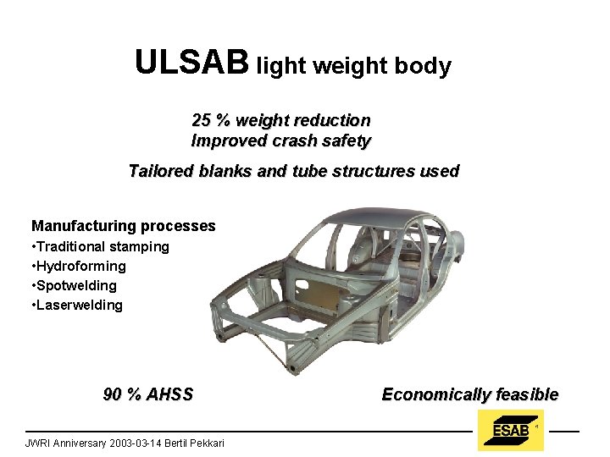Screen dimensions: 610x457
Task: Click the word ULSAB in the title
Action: [x=191, y=62]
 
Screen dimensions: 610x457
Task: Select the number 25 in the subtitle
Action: [x=202, y=120]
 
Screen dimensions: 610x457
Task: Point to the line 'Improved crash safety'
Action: [x=281, y=140]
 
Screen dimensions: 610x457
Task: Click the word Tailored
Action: [x=160, y=171]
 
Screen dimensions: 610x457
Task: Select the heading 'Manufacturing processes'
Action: [x=124, y=226]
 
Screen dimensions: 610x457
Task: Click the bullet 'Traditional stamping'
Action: [x=103, y=246]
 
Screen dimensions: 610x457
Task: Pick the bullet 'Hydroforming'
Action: [x=81, y=266]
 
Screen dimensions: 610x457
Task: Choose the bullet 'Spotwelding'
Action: [x=77, y=285]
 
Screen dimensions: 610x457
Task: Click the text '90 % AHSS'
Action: [x=148, y=394]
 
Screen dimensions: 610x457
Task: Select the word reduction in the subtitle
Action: [x=335, y=120]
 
